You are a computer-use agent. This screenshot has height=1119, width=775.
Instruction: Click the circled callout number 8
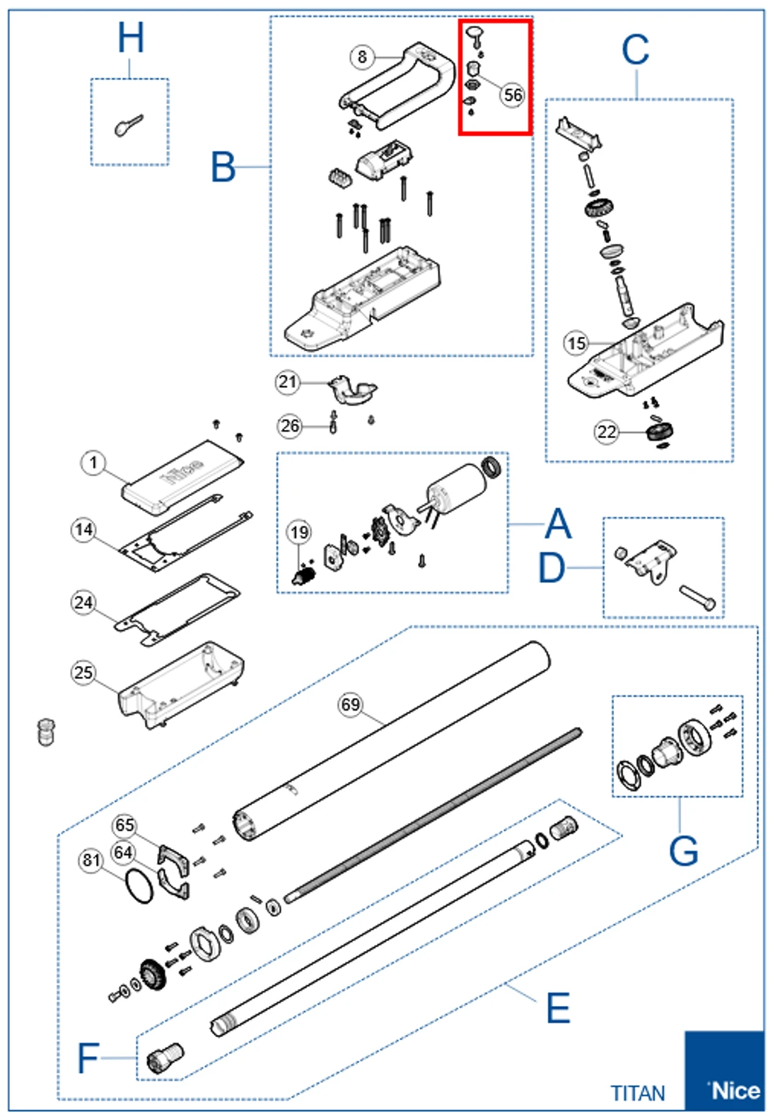tap(362, 57)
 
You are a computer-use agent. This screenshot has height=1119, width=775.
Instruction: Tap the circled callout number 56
tap(513, 95)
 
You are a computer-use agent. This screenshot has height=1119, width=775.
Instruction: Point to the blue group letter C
tap(634, 51)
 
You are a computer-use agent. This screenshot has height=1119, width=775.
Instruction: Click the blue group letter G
tap(683, 851)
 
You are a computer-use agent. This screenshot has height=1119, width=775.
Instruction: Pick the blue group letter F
tap(88, 1058)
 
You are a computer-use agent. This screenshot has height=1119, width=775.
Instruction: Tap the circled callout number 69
tap(351, 704)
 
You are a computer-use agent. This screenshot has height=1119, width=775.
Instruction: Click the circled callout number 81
tap(91, 860)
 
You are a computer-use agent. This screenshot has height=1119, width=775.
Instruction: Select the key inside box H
tap(128, 126)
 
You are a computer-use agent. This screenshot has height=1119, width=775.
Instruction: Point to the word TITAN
tap(638, 1093)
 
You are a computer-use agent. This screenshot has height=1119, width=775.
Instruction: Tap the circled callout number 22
tap(607, 432)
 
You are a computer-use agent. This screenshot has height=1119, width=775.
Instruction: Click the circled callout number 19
tap(299, 532)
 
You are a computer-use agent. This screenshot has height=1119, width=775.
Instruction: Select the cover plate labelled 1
tap(182, 477)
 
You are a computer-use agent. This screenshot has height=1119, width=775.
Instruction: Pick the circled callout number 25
tap(83, 672)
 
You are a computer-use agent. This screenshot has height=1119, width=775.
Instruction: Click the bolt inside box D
tap(698, 598)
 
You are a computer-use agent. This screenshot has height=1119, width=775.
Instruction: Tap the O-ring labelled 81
tap(139, 886)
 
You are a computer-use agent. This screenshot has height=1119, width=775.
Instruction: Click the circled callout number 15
tap(576, 343)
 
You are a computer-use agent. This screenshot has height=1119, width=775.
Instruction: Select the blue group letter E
tap(558, 1008)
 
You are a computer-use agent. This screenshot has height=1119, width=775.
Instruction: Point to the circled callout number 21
tap(287, 382)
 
